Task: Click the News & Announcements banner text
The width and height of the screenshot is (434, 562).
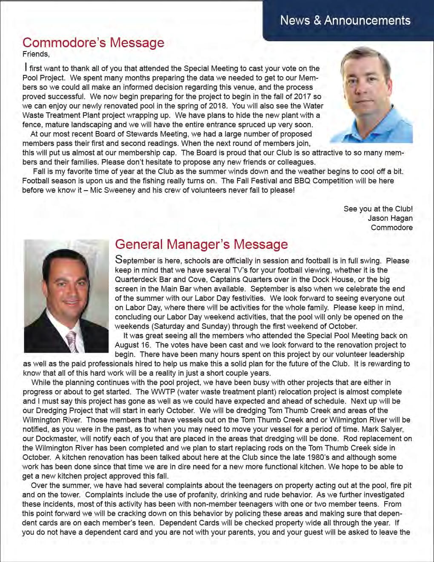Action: click(345, 20)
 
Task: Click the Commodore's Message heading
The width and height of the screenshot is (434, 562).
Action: click(93, 43)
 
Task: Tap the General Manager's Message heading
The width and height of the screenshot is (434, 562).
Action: click(201, 244)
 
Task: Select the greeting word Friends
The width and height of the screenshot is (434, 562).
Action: click(36, 54)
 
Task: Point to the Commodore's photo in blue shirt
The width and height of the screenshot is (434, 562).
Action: click(370, 94)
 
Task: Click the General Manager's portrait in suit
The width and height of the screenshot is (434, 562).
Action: click(66, 296)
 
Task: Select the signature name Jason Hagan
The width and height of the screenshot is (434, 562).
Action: click(390, 218)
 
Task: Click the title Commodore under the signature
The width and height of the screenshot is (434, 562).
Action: click(391, 228)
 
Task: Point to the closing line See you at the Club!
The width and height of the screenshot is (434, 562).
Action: click(378, 209)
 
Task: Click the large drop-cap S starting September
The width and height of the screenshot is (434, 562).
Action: click(120, 260)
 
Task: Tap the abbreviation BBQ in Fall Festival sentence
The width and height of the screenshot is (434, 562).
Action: click(305, 181)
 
